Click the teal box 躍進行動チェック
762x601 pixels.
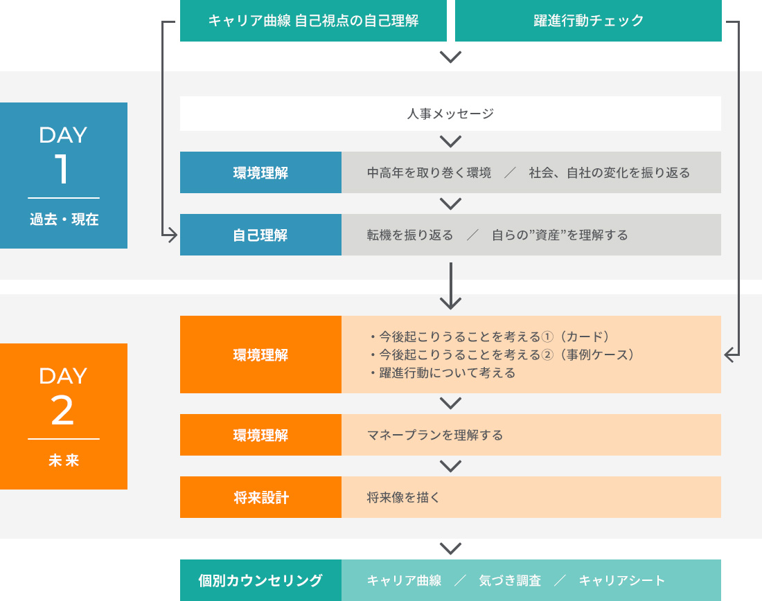(x=588, y=21)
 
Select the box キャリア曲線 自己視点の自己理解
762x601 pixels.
(x=313, y=21)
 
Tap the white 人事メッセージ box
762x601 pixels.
(x=450, y=114)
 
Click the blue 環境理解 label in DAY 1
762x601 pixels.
(x=260, y=172)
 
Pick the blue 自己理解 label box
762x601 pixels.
(x=260, y=235)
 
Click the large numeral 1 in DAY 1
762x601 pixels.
(x=63, y=169)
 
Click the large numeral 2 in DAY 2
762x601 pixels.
(x=63, y=411)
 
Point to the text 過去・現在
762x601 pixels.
(x=64, y=220)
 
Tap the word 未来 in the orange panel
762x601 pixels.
(x=64, y=460)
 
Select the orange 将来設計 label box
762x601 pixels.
(x=260, y=497)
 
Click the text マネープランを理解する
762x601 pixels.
(x=434, y=435)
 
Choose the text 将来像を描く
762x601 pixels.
(x=403, y=497)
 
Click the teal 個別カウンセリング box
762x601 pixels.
(x=260, y=580)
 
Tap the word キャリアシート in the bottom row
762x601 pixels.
(x=621, y=580)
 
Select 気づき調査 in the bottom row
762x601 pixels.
(x=510, y=580)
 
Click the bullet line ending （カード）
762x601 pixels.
(x=489, y=337)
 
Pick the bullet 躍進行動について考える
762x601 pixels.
(x=443, y=373)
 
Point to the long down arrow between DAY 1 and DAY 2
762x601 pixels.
(x=450, y=285)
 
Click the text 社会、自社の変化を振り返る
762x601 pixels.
(x=609, y=172)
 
